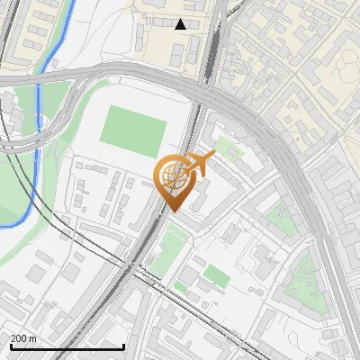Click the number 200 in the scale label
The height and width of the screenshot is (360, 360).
coord(19,337)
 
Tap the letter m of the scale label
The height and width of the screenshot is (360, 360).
coord(32,337)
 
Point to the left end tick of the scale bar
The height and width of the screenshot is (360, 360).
coord(9,346)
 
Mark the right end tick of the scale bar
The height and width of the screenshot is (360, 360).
coord(123,346)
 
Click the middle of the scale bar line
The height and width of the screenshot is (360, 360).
coord(67,347)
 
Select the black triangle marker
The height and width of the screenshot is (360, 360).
coord(181,24)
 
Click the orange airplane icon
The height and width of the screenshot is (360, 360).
coord(200,163)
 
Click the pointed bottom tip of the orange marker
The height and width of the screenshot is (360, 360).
coord(173,211)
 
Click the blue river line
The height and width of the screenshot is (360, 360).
coord(38,153)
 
